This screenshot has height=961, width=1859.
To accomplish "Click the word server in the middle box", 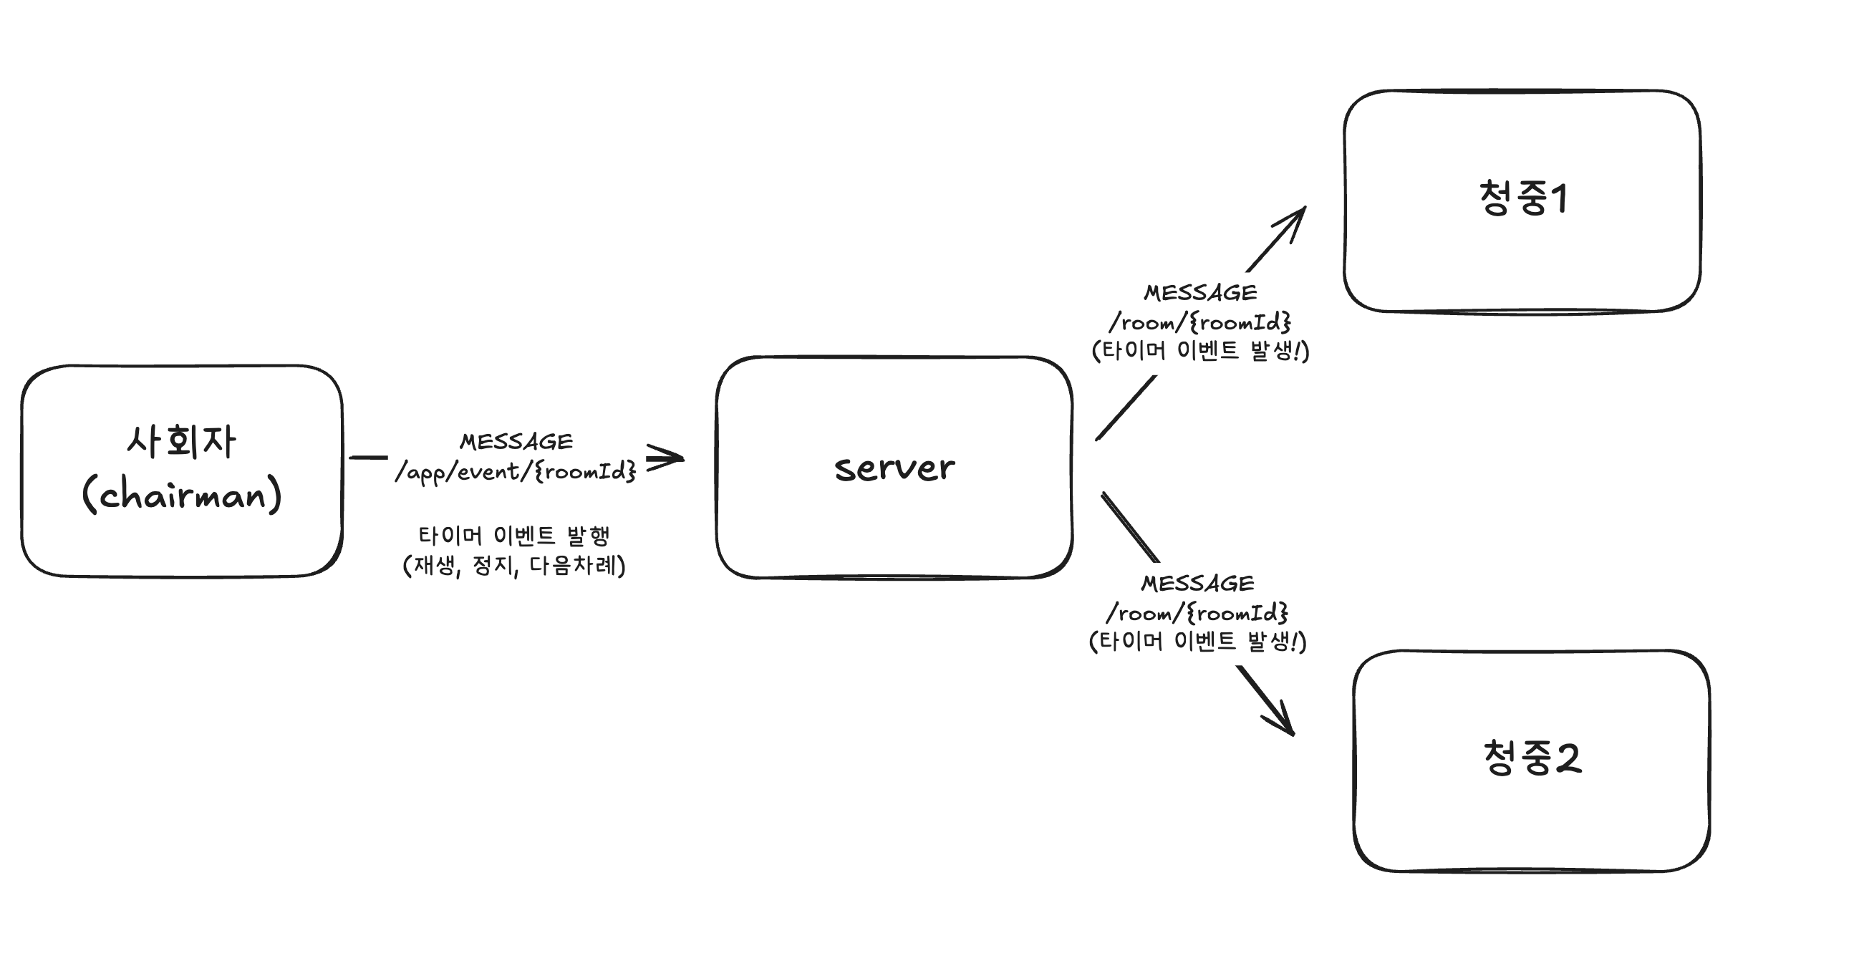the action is pos(894,468).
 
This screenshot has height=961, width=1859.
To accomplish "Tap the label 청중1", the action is pos(1522,198).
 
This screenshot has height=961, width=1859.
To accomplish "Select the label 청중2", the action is pos(1532,758).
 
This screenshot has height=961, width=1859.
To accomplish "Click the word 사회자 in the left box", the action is pos(181,442).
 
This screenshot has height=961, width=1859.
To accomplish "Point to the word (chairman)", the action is pos(181,494).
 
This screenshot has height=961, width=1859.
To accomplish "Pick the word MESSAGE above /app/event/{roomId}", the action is pos(516,441).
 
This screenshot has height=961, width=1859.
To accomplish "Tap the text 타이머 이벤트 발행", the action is pos(514,536).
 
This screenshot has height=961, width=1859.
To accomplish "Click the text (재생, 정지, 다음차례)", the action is pos(514,566).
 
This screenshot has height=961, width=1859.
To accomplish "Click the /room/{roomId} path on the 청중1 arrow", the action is pos(1200,322).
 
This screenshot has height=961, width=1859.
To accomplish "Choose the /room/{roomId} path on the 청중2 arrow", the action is pos(1197,613).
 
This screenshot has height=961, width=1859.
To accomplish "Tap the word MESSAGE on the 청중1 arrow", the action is pos(1200,292).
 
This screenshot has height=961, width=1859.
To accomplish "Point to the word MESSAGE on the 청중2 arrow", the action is pos(1197,583).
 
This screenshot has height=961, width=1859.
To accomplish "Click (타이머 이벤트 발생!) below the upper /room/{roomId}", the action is pos(1200,352).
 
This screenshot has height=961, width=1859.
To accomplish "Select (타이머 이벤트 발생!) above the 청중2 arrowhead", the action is pos(1197,642).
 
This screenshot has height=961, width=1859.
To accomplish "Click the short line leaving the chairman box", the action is pos(368,458).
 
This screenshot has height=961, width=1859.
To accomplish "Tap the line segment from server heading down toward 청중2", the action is pos(1130,527).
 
